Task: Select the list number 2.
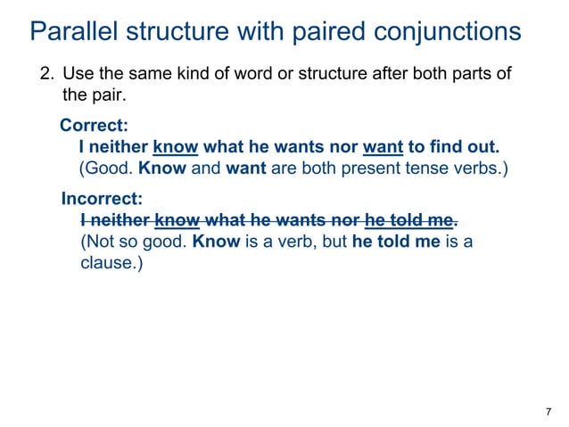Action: pyautogui.click(x=46, y=73)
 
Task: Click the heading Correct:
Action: pyautogui.click(x=94, y=126)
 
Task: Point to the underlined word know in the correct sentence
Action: pyautogui.click(x=175, y=146)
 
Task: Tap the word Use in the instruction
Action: pyautogui.click(x=78, y=73)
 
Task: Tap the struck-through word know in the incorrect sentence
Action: pyautogui.click(x=176, y=220)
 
